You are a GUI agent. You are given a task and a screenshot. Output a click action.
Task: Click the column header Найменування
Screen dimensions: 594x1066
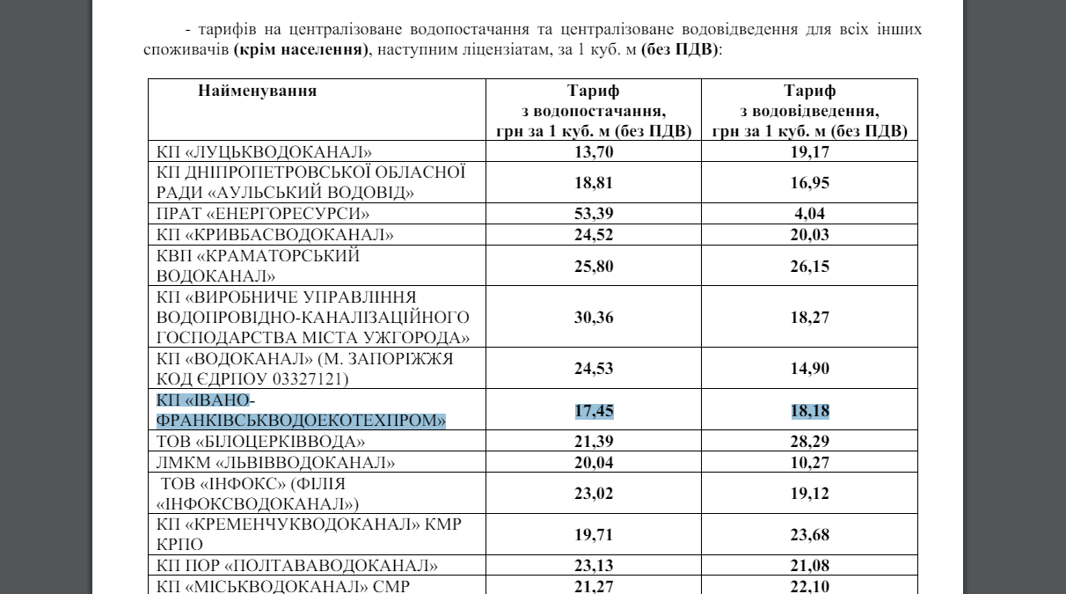258,91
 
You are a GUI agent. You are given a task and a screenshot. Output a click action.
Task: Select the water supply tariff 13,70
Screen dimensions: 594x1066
593,151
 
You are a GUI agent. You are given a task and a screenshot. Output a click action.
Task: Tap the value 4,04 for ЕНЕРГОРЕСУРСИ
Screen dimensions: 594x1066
809,214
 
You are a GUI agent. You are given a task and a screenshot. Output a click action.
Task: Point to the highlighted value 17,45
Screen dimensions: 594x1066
593,409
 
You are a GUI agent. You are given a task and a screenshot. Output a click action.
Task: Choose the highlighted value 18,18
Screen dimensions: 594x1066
809,409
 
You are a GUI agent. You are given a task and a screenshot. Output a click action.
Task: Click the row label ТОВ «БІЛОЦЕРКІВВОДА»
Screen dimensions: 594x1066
260,440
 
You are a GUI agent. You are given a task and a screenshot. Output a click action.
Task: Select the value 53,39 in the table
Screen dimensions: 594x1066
593,214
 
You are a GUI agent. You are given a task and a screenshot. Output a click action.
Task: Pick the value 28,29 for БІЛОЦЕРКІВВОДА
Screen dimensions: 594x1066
809,440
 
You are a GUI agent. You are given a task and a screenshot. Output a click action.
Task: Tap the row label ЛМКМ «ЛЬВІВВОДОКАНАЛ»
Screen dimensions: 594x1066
275,462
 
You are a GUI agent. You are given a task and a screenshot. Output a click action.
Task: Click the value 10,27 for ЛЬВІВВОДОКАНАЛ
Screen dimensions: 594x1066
809,462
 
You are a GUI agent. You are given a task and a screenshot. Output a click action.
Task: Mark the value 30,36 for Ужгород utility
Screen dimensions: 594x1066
593,317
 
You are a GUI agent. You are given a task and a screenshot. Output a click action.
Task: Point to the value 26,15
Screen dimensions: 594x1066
809,265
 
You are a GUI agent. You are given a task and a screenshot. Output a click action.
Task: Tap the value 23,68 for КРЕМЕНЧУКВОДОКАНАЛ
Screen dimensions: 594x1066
809,534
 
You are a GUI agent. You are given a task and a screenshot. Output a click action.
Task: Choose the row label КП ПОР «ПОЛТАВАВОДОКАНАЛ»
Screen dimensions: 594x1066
296,565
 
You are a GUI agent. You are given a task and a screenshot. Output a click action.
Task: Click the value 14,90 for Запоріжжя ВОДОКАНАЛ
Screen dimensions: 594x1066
809,369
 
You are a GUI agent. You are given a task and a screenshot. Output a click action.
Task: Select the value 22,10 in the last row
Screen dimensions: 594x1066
809,586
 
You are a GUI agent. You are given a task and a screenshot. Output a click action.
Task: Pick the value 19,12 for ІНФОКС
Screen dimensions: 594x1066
809,494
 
